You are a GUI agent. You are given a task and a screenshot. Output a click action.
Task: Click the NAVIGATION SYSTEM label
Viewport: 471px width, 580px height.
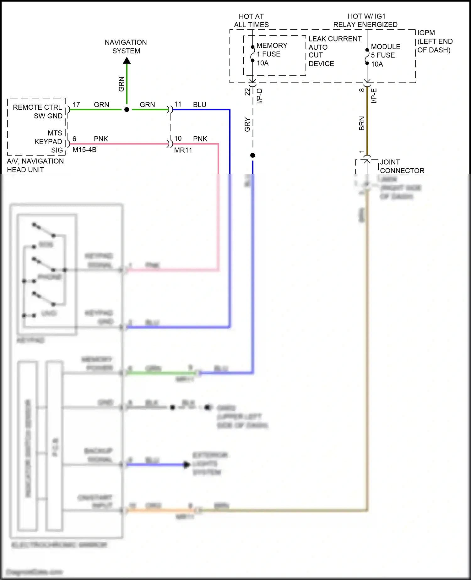(x=126, y=47)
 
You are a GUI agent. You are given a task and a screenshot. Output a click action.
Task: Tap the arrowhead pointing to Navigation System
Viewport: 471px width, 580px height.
(x=127, y=60)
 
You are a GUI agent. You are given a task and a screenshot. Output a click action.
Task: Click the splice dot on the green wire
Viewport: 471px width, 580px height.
(x=127, y=110)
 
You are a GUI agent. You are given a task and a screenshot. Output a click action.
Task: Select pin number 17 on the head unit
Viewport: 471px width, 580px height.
(x=76, y=105)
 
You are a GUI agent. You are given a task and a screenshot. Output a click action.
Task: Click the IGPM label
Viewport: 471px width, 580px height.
(x=426, y=33)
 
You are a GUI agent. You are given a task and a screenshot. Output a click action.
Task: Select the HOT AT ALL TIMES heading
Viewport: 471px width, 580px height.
(x=251, y=20)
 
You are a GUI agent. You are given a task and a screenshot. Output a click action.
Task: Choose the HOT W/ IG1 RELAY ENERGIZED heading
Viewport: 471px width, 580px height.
(x=365, y=20)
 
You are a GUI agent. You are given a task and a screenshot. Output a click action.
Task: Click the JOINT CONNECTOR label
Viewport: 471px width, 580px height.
(x=402, y=166)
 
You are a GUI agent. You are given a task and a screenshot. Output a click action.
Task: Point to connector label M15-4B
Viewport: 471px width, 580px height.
(x=84, y=150)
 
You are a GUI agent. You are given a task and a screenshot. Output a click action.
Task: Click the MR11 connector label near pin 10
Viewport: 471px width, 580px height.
(x=183, y=150)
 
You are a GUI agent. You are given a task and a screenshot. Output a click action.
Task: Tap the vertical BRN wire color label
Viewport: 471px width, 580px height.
(x=362, y=123)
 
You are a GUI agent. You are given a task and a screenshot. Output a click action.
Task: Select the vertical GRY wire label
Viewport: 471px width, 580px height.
(x=247, y=124)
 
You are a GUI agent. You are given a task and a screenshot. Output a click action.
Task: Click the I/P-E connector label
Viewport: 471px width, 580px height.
(x=374, y=96)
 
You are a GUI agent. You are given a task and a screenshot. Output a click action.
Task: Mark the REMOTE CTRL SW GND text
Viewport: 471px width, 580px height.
(x=38, y=112)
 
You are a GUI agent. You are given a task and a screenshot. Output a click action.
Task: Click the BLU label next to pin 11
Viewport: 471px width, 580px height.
(x=200, y=105)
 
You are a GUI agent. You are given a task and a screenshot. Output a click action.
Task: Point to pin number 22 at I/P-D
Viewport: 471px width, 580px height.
(x=247, y=92)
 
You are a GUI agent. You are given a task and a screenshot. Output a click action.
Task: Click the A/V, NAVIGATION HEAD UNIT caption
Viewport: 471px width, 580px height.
(x=35, y=165)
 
